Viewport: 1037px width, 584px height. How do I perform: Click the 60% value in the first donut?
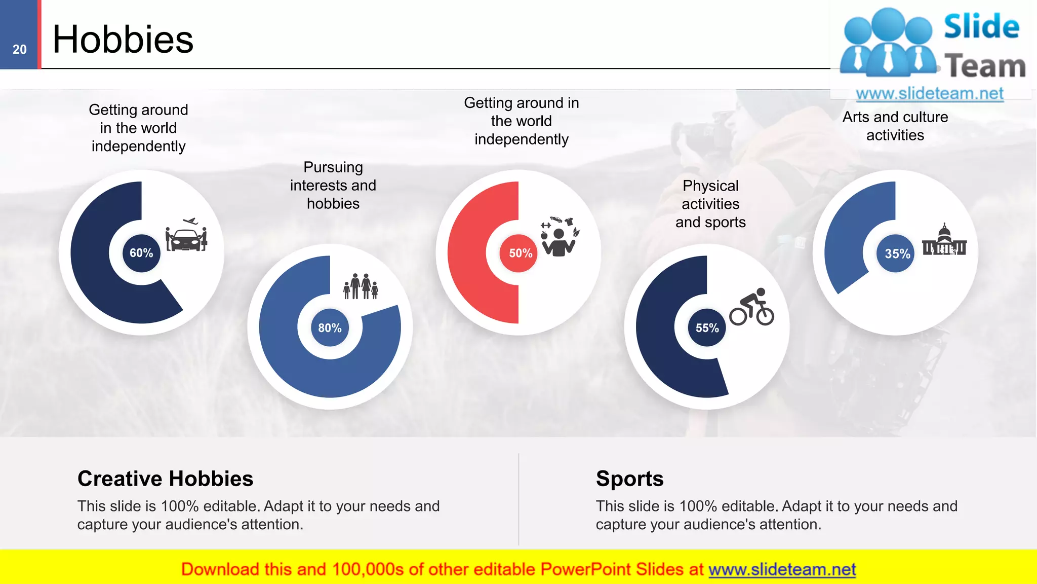[141, 253]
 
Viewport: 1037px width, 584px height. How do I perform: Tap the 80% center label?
[330, 328]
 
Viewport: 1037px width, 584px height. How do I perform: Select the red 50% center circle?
[520, 253]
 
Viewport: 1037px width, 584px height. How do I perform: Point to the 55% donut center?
[707, 328]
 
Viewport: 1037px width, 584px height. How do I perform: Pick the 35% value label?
[897, 253]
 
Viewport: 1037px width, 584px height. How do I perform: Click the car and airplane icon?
[186, 235]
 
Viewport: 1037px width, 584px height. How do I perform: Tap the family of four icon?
[361, 286]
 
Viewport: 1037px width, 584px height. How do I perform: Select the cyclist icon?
[752, 307]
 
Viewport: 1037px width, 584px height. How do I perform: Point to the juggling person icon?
[559, 237]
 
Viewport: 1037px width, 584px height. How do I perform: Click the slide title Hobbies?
[123, 40]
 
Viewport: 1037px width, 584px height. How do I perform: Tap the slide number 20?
[20, 50]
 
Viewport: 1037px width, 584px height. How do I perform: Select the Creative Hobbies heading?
[165, 479]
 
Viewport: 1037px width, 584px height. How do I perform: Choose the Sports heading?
[629, 479]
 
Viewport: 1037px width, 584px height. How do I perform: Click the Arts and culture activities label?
[895, 126]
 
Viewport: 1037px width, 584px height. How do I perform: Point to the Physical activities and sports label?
[710, 204]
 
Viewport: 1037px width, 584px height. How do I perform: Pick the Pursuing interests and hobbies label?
[333, 186]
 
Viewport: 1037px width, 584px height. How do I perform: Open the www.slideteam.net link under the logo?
[929, 94]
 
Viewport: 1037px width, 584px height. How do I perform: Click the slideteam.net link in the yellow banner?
[782, 570]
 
